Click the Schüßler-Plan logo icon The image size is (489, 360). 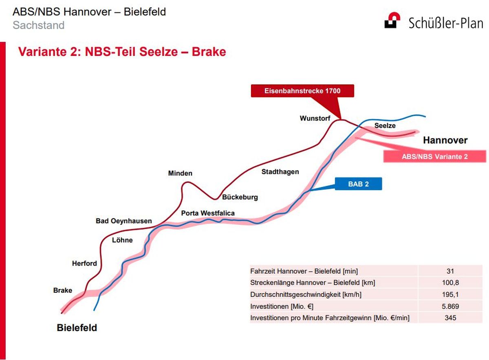point(392,20)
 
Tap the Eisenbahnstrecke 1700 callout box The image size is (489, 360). point(302,91)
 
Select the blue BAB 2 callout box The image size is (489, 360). point(359,184)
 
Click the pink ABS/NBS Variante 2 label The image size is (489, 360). point(435,156)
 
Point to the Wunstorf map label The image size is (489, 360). point(315,118)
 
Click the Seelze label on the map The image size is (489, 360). point(385,125)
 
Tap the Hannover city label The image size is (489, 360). point(445,140)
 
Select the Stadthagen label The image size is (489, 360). point(280,172)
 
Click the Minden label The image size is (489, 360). point(180,173)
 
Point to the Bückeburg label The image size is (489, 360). point(240,197)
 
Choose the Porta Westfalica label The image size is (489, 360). point(208,213)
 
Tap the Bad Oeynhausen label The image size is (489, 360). point(124,221)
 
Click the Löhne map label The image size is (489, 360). point(122,240)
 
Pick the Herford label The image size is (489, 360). point(84,263)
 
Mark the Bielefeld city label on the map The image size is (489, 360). point(77,327)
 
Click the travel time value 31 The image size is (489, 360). point(450,271)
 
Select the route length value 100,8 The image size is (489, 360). point(450,283)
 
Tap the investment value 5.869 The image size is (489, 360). point(450,306)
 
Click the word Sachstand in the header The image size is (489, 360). point(39,25)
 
